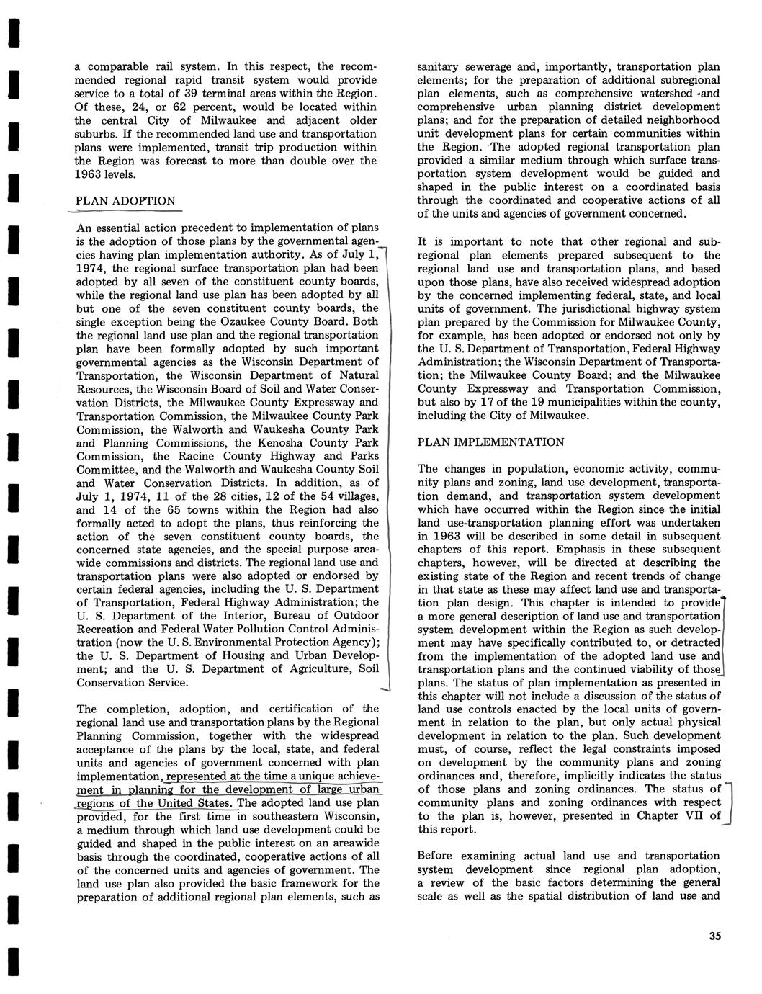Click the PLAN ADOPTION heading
125,201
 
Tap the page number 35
714,936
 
